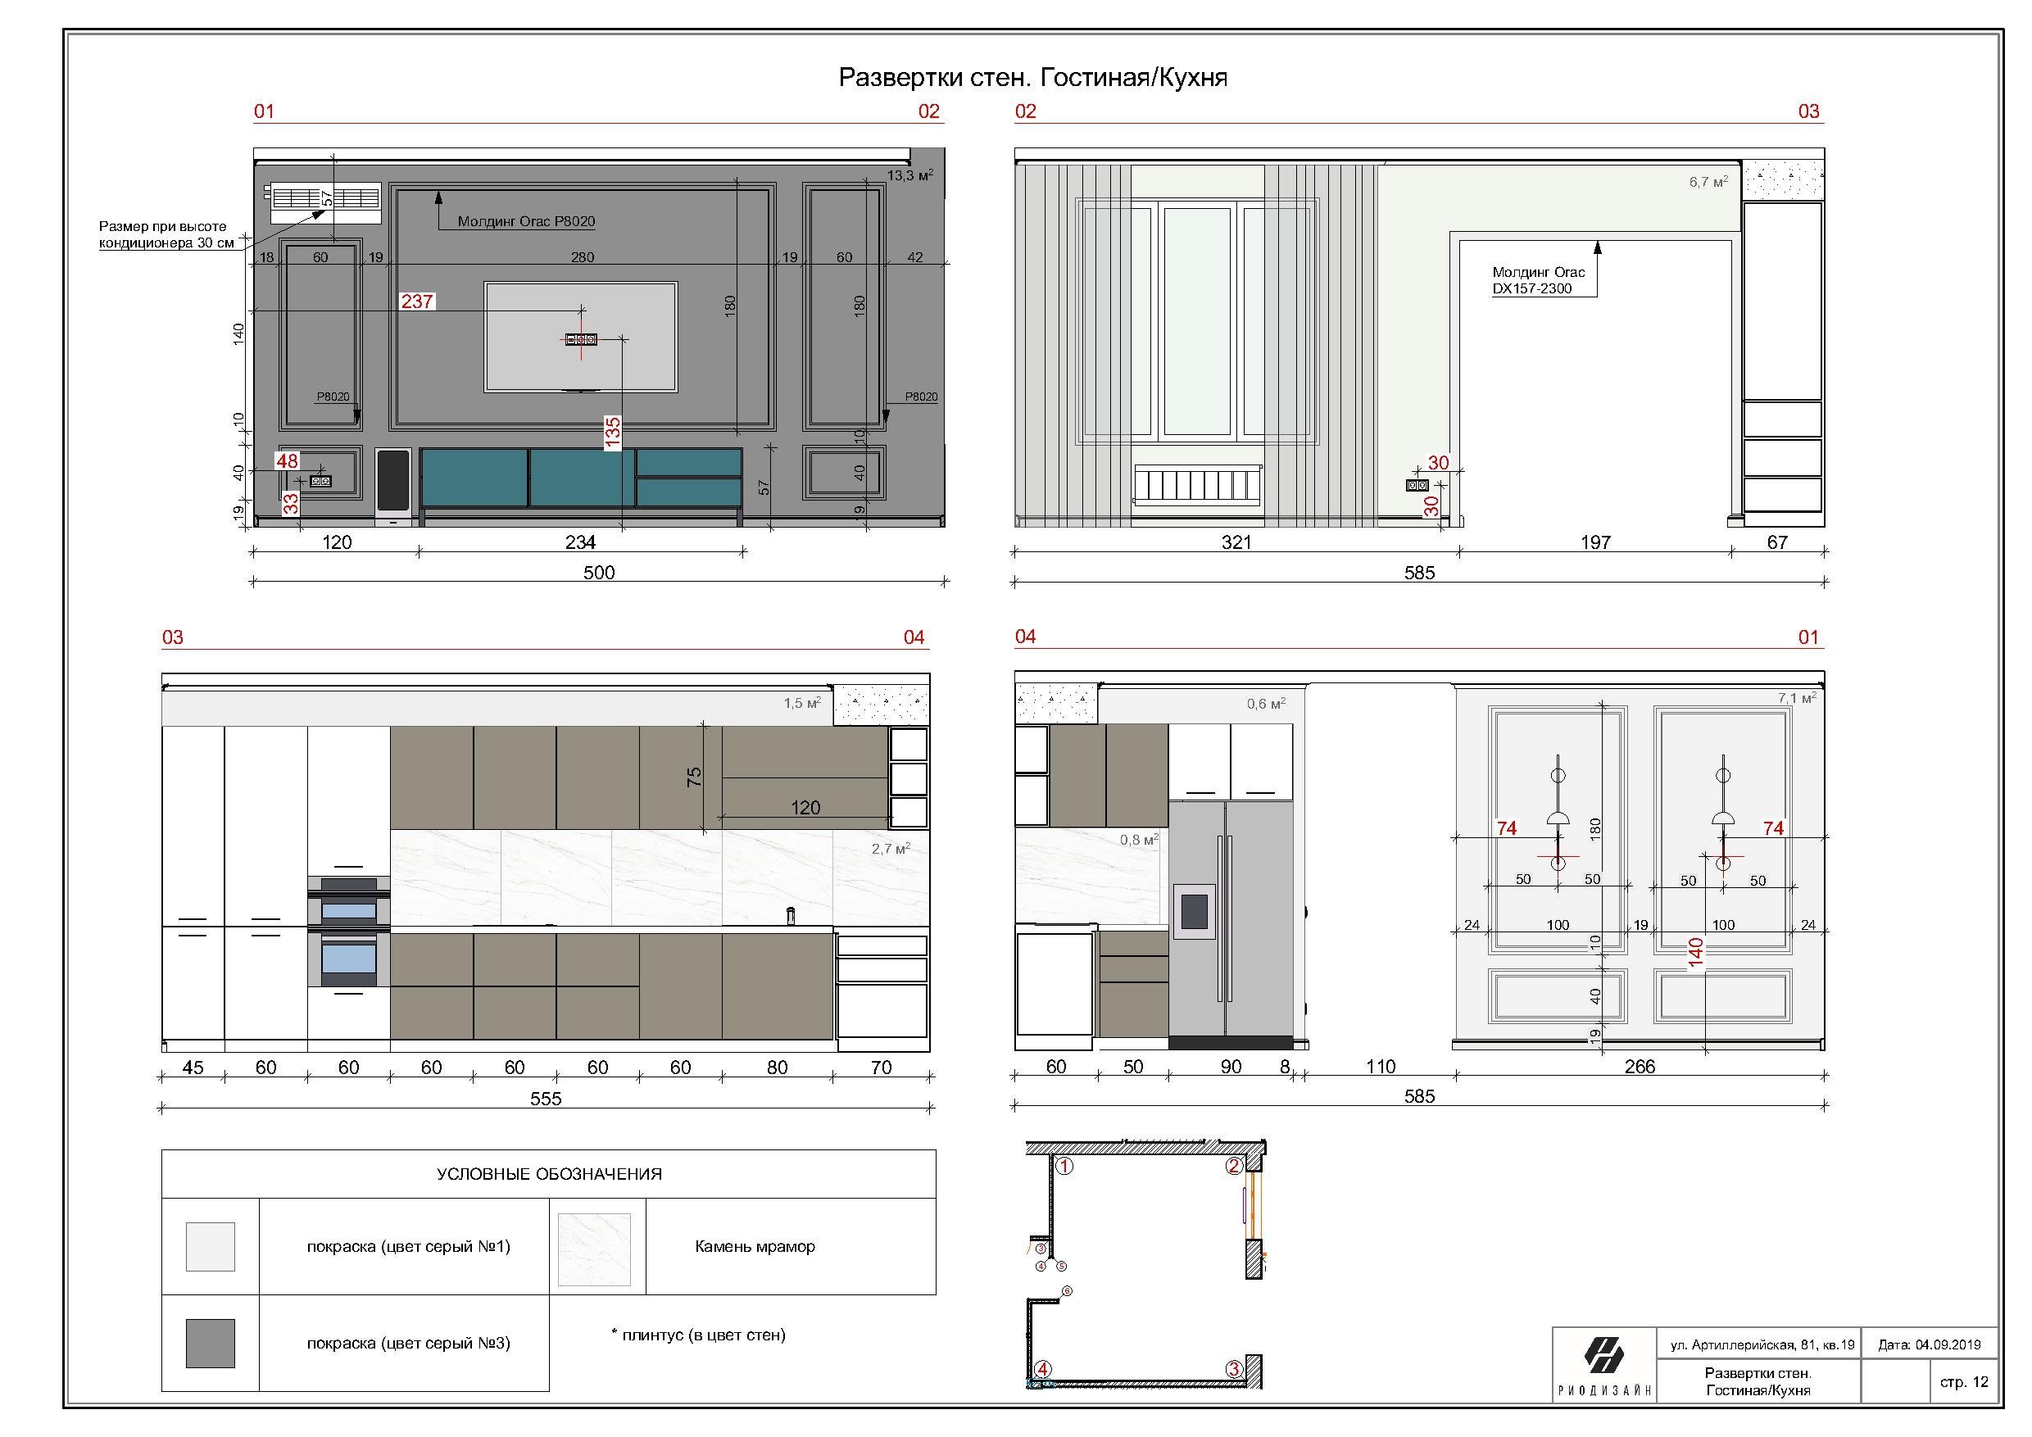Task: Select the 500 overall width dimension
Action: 598,573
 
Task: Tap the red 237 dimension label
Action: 417,301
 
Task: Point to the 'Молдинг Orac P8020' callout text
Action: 526,221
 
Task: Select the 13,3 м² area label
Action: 909,175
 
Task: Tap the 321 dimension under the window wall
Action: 1236,542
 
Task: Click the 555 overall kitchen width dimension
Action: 546,1098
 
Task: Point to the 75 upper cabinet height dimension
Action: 695,777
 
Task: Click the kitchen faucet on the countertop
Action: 791,916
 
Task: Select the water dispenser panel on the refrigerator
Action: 1194,910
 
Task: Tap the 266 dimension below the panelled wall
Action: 1639,1066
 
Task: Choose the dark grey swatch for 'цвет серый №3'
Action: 211,1344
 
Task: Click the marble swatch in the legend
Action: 594,1249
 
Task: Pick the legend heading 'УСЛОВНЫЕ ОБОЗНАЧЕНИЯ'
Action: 549,1174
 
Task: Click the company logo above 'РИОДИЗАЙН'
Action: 1603,1355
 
